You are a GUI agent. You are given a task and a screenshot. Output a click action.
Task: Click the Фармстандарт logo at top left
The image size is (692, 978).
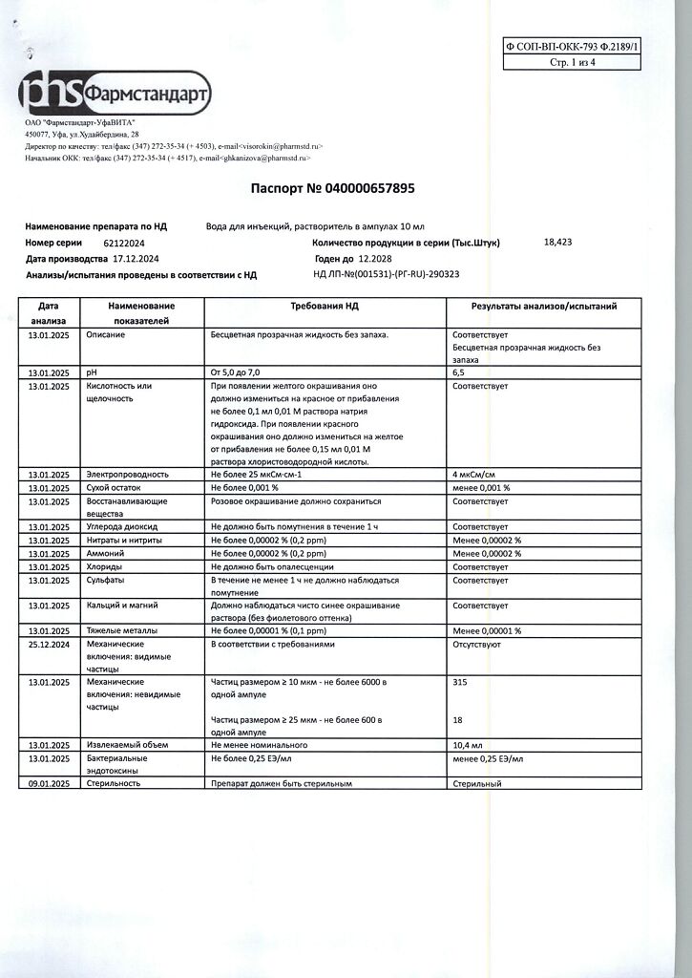[x=115, y=94]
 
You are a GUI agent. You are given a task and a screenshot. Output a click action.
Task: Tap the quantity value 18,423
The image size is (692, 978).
[x=557, y=243]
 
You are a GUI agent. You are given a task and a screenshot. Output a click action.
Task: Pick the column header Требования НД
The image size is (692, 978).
[x=325, y=307]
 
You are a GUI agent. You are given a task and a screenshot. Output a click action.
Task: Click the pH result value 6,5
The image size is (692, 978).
[x=459, y=372]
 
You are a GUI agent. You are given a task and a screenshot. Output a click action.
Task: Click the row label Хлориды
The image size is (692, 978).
[x=103, y=566]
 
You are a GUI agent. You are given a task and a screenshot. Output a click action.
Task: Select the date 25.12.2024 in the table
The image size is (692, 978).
[x=48, y=645]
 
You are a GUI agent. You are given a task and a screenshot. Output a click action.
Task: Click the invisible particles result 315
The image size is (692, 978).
[x=460, y=683]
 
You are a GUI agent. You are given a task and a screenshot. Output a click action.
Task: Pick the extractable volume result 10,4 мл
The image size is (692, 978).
[x=467, y=745]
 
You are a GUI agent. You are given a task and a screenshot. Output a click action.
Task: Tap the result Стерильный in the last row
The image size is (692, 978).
[x=477, y=783]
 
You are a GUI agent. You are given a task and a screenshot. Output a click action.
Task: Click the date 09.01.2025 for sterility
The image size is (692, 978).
[x=48, y=783]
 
